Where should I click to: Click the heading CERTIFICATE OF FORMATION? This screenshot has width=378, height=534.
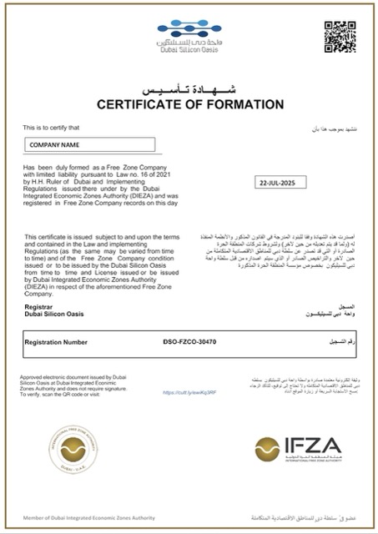[188, 105]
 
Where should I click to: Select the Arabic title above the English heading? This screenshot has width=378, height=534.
[188, 88]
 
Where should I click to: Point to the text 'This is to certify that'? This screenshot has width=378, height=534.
[52, 128]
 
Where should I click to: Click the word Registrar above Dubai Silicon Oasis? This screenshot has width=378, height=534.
[39, 307]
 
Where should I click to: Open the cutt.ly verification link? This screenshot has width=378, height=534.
[184, 391]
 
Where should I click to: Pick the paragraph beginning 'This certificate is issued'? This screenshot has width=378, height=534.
[93, 259]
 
